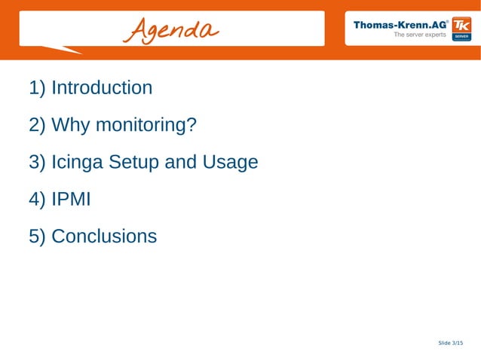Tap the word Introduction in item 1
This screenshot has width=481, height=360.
[x=102, y=88]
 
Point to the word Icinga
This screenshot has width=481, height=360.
[x=78, y=162]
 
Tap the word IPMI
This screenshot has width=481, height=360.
[x=71, y=200]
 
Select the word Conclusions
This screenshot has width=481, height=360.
[x=104, y=236]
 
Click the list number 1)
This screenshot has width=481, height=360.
[x=38, y=88]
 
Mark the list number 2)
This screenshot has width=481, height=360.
[x=38, y=125]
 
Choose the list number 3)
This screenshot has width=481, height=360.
[x=38, y=162]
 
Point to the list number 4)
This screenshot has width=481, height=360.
[x=38, y=200]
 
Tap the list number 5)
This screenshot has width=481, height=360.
[x=38, y=236]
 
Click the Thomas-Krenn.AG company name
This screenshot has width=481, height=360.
[x=400, y=24]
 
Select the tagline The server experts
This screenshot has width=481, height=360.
[x=420, y=35]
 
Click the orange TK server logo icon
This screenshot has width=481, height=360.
[x=461, y=30]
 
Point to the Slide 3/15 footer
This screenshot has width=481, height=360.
[x=451, y=343]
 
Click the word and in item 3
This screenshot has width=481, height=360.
[x=181, y=162]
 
